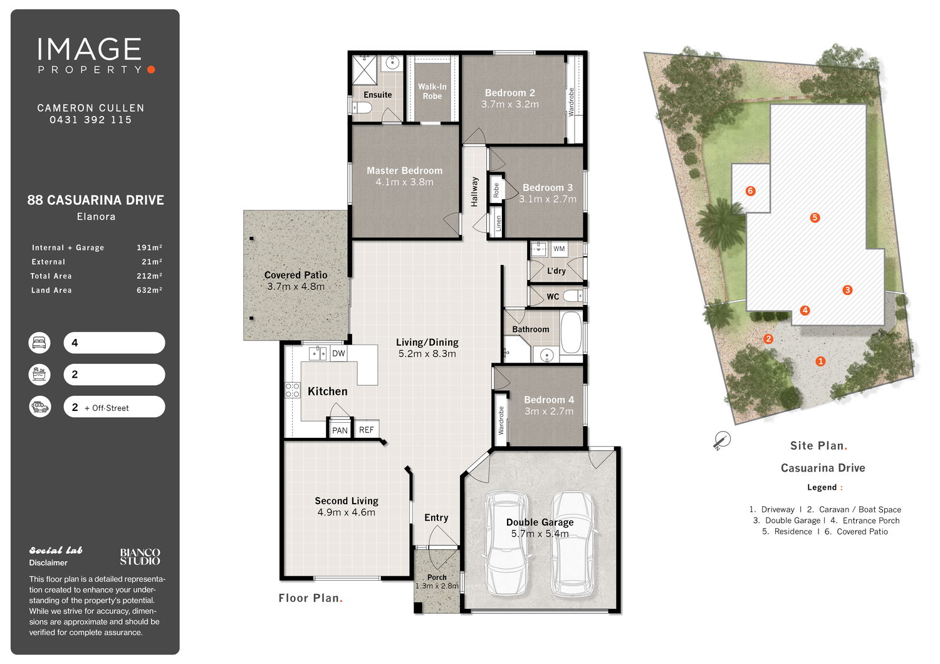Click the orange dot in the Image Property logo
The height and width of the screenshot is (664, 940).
point(152,70)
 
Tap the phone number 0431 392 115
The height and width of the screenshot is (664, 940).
point(91,120)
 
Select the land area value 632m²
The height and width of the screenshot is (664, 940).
point(149,290)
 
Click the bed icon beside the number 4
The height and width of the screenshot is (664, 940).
point(39,343)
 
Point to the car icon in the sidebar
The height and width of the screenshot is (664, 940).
point(40,407)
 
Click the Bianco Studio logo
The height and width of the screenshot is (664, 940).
point(140,557)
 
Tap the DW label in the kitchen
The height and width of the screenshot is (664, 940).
point(338,353)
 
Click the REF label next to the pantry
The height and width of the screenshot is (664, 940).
point(367,430)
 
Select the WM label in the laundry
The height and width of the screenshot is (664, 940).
point(558,249)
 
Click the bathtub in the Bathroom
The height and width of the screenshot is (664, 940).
point(571,332)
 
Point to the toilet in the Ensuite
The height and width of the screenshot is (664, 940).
point(362,108)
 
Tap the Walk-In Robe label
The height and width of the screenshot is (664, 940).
point(432,91)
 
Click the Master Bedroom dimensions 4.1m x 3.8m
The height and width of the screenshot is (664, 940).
point(405,182)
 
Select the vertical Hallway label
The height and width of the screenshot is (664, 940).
point(474,192)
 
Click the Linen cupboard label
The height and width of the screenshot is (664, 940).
point(498,223)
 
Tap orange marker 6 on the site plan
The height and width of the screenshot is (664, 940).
point(750,191)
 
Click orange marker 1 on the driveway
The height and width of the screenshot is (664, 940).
point(820,361)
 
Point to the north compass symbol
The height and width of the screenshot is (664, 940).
point(722,440)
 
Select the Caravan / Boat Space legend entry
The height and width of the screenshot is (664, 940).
point(854,509)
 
